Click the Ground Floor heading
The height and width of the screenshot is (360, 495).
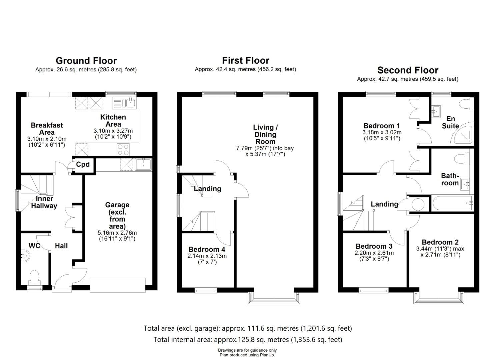click(86, 61)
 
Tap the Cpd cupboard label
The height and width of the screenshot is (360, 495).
click(83, 164)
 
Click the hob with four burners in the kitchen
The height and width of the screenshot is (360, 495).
click(123, 150)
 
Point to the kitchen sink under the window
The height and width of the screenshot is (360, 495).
click(124, 103)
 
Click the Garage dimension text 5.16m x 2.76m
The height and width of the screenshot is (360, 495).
click(117, 233)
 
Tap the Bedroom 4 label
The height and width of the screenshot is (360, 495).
click(207, 249)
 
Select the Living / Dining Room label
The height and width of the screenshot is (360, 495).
click(265, 134)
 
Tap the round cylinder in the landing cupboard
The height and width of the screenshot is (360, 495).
click(418, 204)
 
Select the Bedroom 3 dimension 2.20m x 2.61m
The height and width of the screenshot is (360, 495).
click(374, 253)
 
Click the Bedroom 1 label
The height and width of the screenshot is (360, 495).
click(382, 126)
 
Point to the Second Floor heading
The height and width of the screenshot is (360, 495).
click(408, 70)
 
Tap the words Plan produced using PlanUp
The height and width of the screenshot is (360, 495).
click(247, 355)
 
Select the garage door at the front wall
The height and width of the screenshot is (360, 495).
click(118, 285)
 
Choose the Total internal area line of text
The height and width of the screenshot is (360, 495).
click(248, 339)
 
